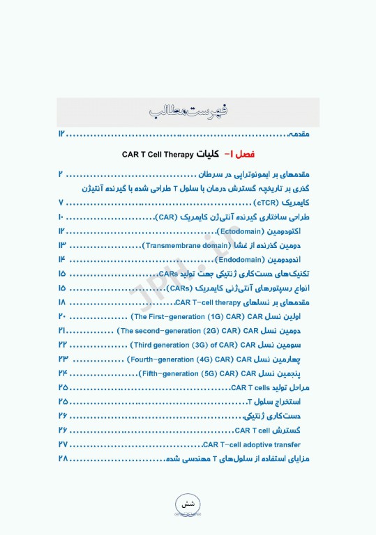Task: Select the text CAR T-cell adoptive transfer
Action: click(251, 444)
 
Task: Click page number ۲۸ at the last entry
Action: click(63, 458)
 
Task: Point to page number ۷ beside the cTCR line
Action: click(61, 203)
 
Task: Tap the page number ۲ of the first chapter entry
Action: click(61, 174)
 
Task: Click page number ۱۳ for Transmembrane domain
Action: click(62, 245)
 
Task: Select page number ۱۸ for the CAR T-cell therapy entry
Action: click(63, 302)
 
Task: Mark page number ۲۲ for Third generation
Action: click(63, 345)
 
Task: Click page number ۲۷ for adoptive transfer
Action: click(63, 444)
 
